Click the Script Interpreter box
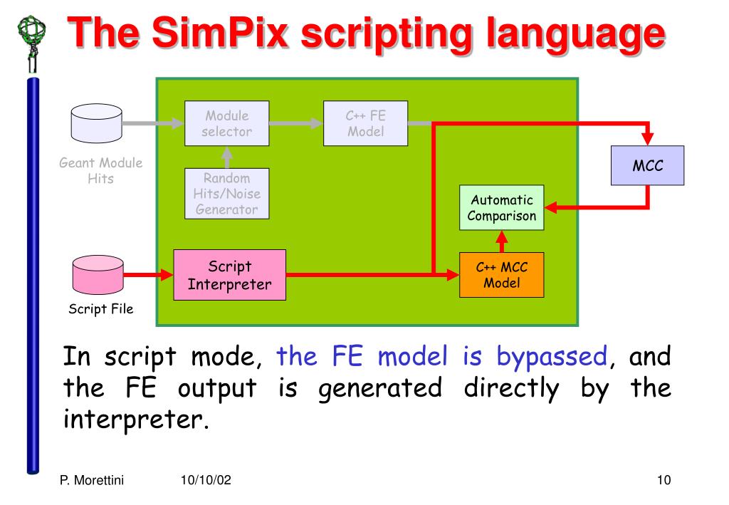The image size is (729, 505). click(x=229, y=275)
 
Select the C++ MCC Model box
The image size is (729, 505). click(x=501, y=275)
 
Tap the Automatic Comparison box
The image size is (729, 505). click(x=501, y=208)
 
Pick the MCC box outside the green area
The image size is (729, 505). click(x=648, y=166)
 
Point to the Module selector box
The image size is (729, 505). click(x=227, y=123)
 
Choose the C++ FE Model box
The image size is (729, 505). click(x=365, y=123)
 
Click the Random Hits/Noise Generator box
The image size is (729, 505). click(x=227, y=192)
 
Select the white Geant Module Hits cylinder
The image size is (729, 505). click(x=98, y=123)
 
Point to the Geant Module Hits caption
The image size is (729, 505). click(x=100, y=170)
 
